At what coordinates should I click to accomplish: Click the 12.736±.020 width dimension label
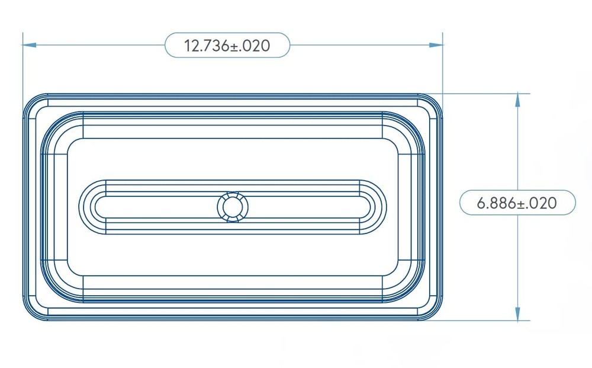[227, 46]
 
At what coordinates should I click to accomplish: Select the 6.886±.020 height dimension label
[517, 203]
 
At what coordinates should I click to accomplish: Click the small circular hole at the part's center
[232, 207]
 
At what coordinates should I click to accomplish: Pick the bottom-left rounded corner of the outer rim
[33, 311]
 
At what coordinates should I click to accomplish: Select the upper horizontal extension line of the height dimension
[485, 93]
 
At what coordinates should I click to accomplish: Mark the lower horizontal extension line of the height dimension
[485, 321]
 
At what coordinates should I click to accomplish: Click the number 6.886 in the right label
[497, 203]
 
